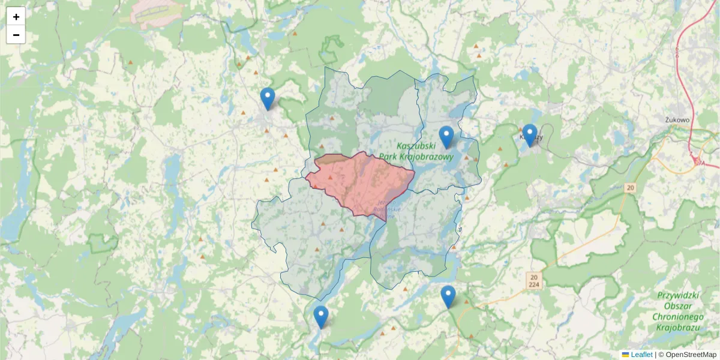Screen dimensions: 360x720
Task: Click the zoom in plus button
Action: point(16,17)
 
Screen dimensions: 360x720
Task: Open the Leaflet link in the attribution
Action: point(641,355)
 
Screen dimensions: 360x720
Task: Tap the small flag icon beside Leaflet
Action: point(626,355)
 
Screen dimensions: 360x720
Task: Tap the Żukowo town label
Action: point(677,119)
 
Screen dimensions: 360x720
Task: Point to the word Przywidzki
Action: point(679,295)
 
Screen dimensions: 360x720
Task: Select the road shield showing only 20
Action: point(629,188)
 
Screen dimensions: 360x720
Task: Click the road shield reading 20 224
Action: point(534,280)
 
